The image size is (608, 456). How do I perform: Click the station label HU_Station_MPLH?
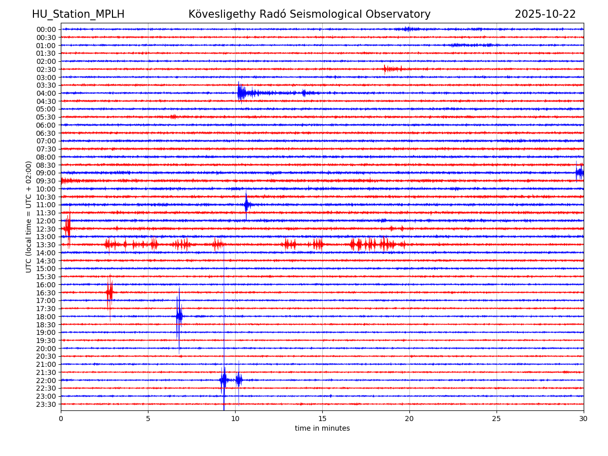78,14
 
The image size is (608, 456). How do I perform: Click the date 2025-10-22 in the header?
545,14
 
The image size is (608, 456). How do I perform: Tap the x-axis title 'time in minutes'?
322,429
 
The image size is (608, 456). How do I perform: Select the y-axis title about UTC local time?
29,217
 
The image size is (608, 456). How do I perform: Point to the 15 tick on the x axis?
322,419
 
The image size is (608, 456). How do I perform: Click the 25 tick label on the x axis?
497,419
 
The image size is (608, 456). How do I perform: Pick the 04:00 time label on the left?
46,93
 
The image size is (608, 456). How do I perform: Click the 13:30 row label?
46,245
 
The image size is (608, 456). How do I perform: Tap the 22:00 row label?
46,381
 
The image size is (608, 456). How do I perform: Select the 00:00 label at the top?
46,29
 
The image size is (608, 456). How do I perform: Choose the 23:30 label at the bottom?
46,404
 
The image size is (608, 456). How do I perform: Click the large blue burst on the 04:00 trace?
242,93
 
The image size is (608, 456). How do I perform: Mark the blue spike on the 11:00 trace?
247,205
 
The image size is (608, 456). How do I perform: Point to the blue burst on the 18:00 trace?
179,316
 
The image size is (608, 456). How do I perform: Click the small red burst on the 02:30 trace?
391,69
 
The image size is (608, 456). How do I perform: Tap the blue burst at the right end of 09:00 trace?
579,173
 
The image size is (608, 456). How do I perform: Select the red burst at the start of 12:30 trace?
67,229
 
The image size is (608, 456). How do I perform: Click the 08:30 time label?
46,165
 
